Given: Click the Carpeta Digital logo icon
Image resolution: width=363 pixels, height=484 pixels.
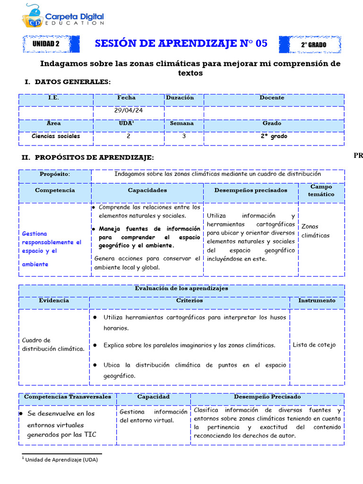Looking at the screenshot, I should (33, 16).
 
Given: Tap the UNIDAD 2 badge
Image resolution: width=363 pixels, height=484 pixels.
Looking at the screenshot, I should (46, 44).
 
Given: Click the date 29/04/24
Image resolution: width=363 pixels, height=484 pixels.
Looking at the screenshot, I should (128, 111).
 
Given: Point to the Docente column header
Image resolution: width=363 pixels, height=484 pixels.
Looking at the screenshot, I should (272, 98).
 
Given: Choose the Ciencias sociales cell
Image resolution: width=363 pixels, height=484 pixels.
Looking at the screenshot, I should (56, 136).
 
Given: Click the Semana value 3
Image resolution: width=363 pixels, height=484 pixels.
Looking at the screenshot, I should (184, 136).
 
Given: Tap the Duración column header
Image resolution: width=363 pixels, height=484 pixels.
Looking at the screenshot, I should (180, 98).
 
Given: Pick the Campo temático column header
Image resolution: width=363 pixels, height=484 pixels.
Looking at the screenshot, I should (321, 190).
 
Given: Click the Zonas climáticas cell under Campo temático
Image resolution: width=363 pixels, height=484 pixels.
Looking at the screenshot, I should (315, 231).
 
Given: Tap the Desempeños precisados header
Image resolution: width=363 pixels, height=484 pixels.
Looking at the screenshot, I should (251, 190).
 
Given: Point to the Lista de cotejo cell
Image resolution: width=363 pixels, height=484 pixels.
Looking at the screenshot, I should (314, 345).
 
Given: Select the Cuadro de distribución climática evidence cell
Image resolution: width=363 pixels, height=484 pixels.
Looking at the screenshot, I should (53, 345).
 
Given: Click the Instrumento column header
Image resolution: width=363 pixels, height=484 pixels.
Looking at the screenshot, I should (317, 301).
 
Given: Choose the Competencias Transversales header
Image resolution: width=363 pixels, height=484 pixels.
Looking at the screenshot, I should (68, 397).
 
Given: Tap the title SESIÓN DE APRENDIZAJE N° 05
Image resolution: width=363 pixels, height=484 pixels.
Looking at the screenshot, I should (181, 44).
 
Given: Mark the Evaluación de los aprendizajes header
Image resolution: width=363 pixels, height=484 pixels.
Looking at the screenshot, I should (181, 288).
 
